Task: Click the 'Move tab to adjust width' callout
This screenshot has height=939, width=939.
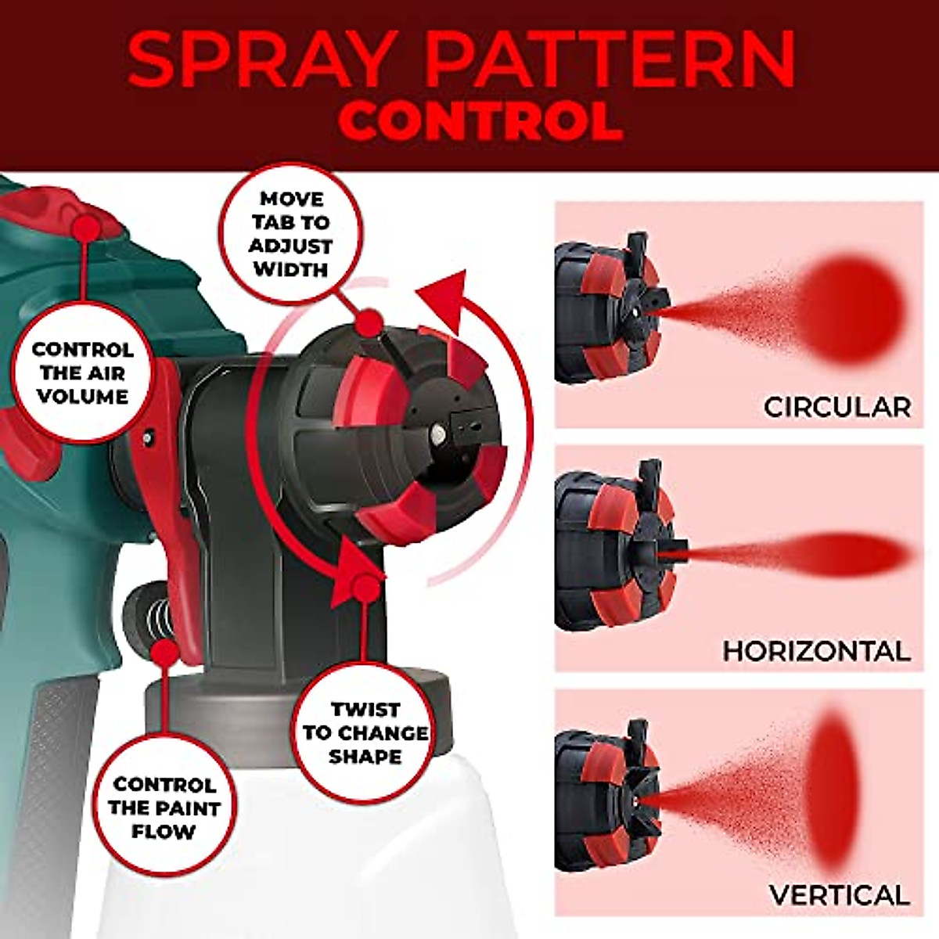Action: [x=290, y=235]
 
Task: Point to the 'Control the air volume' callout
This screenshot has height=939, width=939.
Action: [x=82, y=373]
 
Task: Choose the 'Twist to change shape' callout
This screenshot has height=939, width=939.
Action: [x=365, y=733]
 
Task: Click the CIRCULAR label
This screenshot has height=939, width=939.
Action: [x=836, y=407]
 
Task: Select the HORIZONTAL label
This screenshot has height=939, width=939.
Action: [x=815, y=651]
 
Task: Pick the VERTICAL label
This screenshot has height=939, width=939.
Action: [x=839, y=895]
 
